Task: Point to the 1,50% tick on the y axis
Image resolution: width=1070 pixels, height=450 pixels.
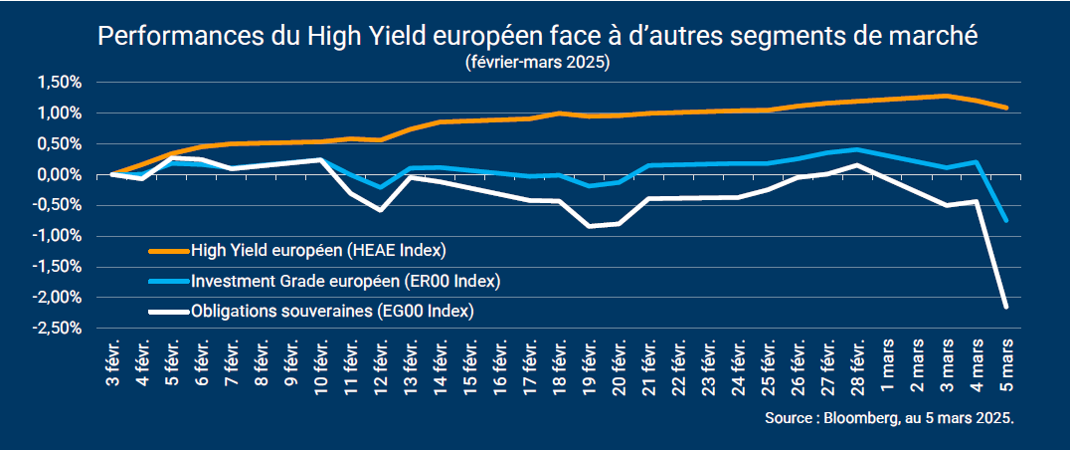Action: click(59, 83)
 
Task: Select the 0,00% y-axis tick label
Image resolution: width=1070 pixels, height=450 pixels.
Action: click(59, 175)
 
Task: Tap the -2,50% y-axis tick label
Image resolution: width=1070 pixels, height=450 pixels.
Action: click(56, 329)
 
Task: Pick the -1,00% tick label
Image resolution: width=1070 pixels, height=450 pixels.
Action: click(56, 236)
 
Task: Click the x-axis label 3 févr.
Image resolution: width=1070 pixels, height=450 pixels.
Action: click(112, 365)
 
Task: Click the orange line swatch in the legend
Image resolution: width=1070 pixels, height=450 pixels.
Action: click(170, 249)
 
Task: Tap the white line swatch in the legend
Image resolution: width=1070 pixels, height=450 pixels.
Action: click(170, 312)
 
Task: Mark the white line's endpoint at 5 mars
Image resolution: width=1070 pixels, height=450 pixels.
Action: click(1006, 307)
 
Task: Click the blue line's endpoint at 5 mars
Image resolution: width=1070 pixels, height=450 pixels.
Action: click(1006, 220)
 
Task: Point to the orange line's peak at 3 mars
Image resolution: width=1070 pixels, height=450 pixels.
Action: click(947, 96)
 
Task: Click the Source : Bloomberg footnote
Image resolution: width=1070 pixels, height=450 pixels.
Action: click(890, 419)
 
